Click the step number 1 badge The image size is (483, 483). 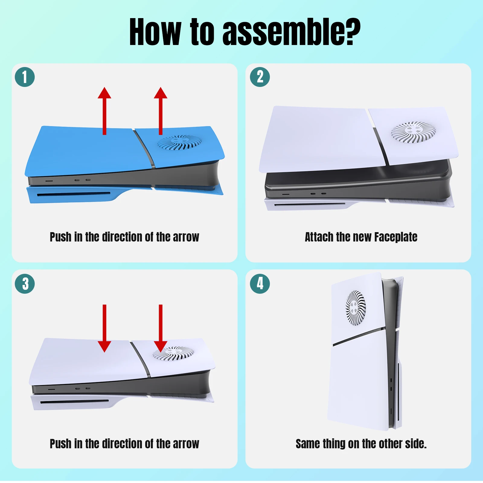[x=25, y=77]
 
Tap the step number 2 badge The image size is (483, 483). [x=260, y=77]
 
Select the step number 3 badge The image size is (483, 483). [x=25, y=284]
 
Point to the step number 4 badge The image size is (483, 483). [x=260, y=284]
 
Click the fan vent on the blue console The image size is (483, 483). [x=179, y=142]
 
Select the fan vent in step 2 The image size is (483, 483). [x=414, y=132]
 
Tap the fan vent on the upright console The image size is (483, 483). [x=356, y=308]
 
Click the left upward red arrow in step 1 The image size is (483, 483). [x=104, y=111]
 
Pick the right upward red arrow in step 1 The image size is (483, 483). [x=161, y=111]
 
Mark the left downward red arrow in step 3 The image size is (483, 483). [x=104, y=328]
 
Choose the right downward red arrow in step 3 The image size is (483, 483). [x=161, y=328]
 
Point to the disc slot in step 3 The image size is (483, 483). [x=75, y=401]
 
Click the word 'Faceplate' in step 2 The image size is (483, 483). [x=396, y=237]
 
